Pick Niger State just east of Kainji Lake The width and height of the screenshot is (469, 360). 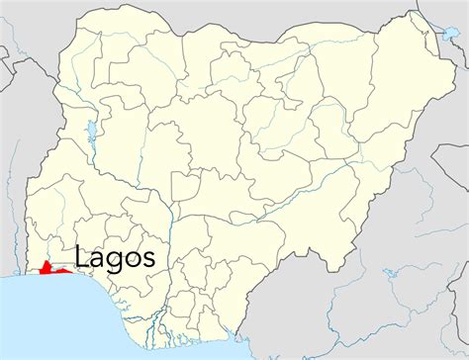point(139,148)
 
